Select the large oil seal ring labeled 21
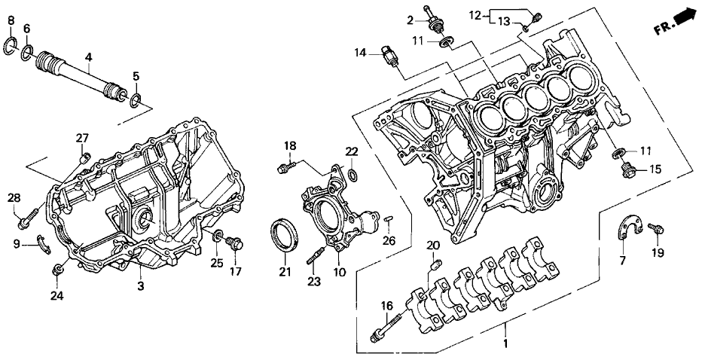point(285,233)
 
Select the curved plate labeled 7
point(627,227)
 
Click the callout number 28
point(13,197)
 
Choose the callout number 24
point(56,296)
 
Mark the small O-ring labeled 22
point(353,177)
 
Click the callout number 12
point(473,14)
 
